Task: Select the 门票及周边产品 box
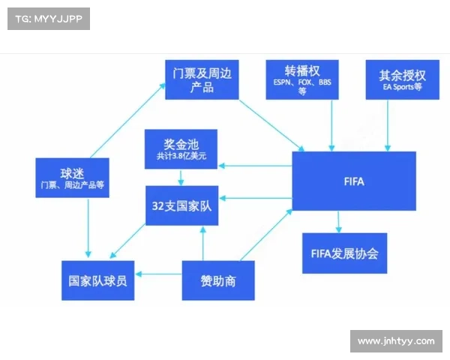pos(202,80)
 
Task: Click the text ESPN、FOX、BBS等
pos(303,87)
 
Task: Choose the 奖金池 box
pos(181,148)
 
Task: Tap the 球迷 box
pos(73,177)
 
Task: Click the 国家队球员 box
pos(97,280)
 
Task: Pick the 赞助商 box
pos(217,280)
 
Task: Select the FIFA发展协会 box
pos(344,253)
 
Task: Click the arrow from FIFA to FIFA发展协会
pos(339,221)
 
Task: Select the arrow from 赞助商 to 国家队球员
pos(159,274)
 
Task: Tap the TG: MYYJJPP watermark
pos(48,19)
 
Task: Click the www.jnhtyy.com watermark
pos(396,341)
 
